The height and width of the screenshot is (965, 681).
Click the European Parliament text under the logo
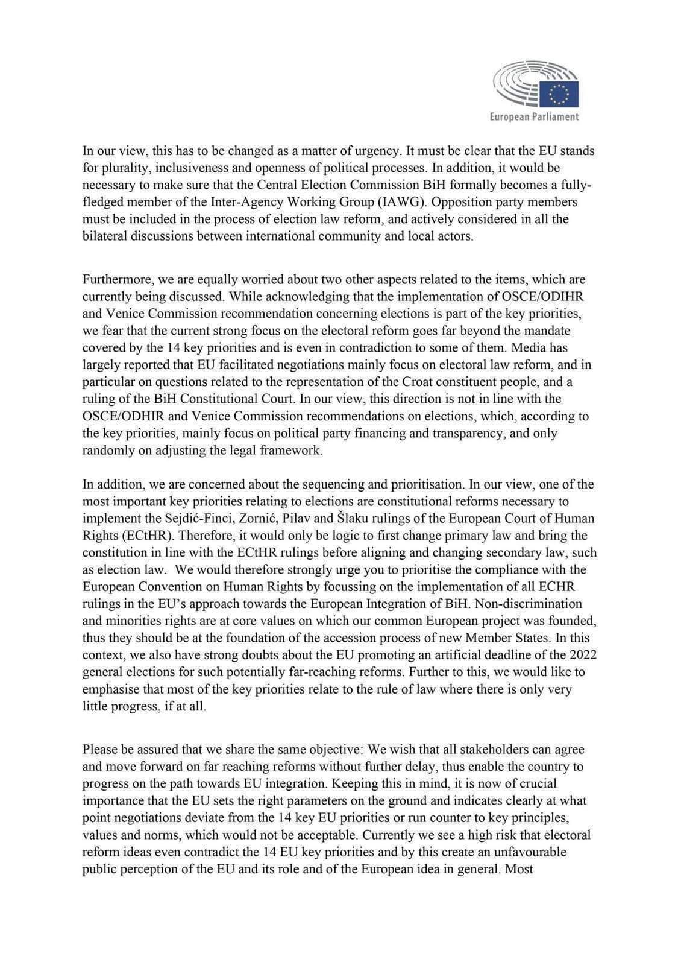[534, 117]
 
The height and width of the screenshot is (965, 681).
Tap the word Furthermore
[117, 280]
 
